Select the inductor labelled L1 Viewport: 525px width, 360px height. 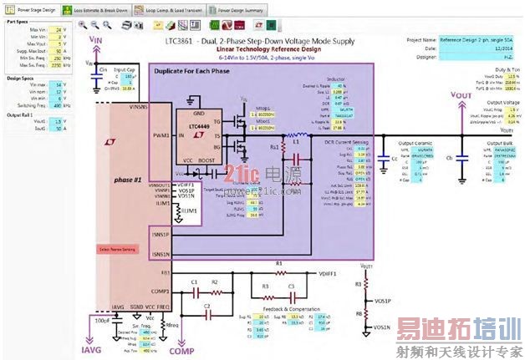(294, 138)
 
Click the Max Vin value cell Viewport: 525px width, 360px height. (58, 29)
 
